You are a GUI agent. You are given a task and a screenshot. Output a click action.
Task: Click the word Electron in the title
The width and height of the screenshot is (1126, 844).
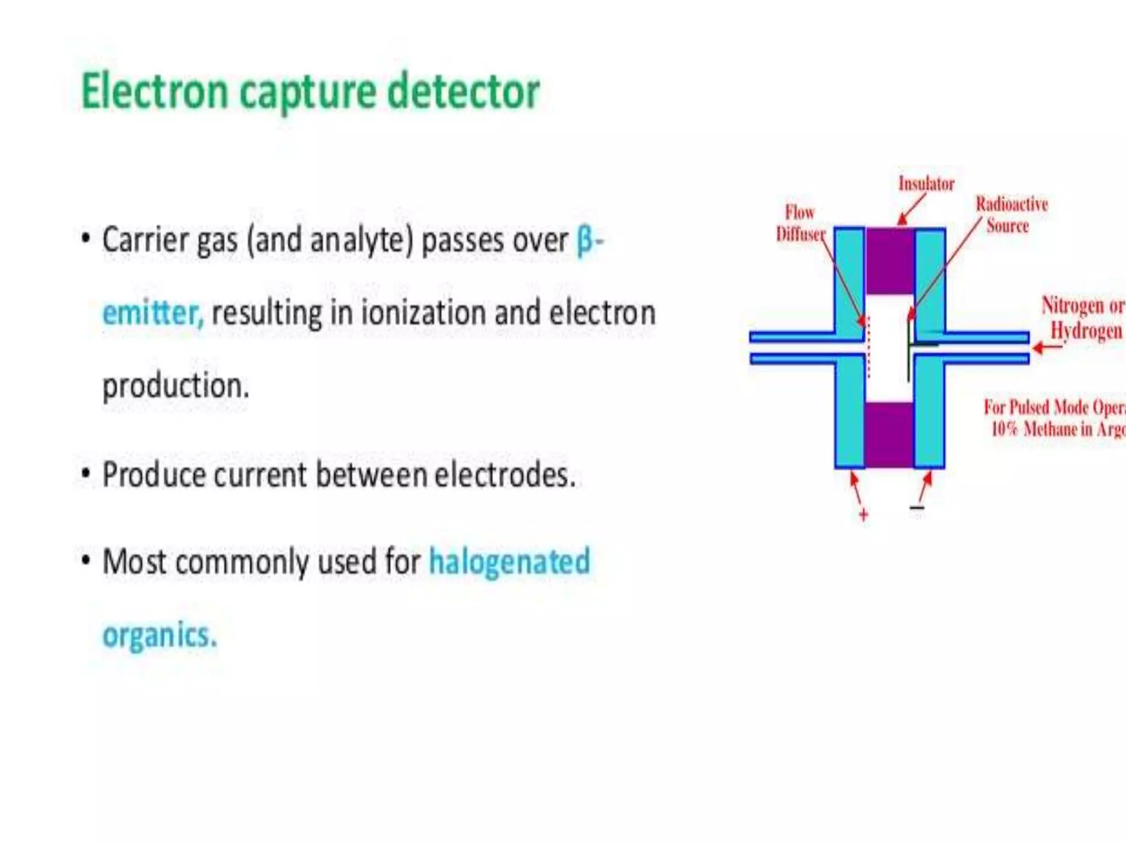154,92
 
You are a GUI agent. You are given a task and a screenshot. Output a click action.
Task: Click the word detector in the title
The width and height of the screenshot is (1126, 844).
463,92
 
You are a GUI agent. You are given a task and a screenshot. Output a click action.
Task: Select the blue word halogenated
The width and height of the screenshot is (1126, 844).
509,562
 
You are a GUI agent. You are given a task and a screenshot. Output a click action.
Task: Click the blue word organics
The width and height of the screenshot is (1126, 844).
159,636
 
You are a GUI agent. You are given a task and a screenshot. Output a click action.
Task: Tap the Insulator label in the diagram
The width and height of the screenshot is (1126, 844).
926,184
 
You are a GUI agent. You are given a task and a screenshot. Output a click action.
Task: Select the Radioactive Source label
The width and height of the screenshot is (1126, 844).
1011,215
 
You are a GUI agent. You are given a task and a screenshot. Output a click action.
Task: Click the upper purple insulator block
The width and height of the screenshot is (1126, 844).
890,262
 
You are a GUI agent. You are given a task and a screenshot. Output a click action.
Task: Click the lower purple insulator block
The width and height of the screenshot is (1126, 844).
889,435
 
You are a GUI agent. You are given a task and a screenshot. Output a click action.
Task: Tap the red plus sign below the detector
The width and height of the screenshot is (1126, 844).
863,515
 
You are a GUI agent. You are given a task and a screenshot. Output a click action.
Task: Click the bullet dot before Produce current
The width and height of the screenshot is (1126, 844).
86,474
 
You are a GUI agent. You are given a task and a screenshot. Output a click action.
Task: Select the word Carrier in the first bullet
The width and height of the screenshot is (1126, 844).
145,241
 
